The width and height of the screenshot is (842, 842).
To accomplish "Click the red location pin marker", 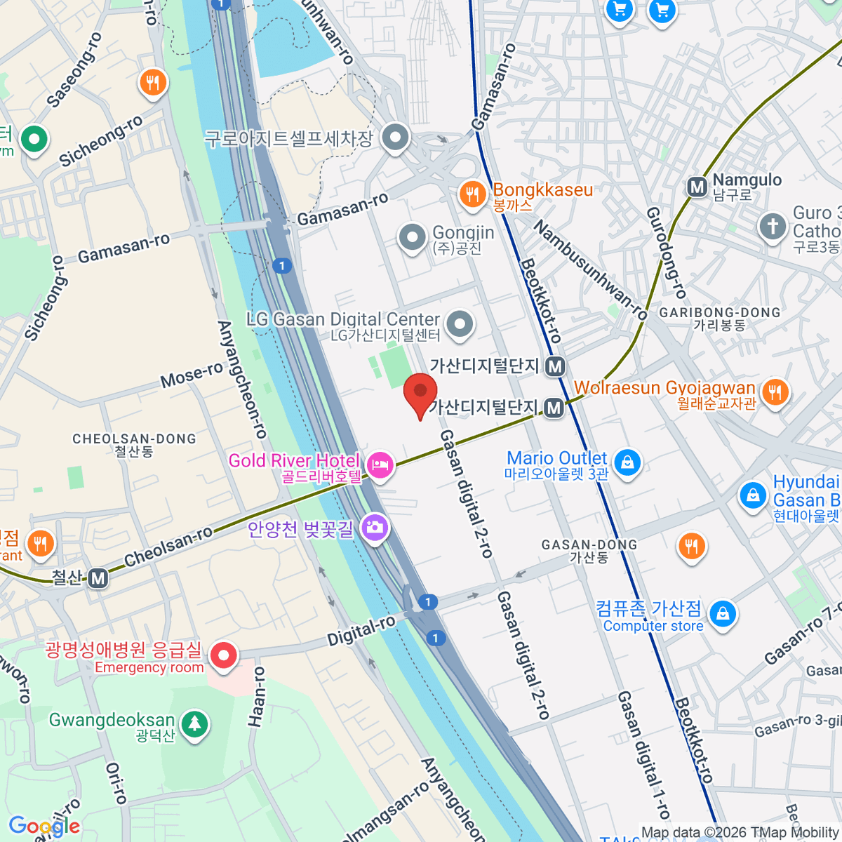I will click(x=420, y=393).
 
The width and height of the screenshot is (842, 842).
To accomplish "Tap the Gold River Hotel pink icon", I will click(x=380, y=464).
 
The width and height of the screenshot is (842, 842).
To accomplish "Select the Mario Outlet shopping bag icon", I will click(x=627, y=462).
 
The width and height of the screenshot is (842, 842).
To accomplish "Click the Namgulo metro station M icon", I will click(x=697, y=187).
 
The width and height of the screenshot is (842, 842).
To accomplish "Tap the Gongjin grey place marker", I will click(x=413, y=237).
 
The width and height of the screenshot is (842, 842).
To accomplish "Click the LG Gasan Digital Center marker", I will click(x=460, y=324).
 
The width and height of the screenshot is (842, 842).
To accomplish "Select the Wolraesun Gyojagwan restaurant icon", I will click(x=775, y=391).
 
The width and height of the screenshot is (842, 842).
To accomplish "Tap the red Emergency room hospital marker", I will click(x=224, y=656).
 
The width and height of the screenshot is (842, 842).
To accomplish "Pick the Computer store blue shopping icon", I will click(x=722, y=614).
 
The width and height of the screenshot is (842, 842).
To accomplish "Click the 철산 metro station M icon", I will click(x=98, y=578).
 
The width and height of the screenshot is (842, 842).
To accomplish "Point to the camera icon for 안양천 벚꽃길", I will click(x=375, y=527).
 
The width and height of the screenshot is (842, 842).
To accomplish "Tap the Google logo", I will click(x=44, y=827).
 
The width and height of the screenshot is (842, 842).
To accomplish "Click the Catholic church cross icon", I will click(x=773, y=226).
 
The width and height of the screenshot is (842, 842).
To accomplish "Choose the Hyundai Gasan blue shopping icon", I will click(x=753, y=495).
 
